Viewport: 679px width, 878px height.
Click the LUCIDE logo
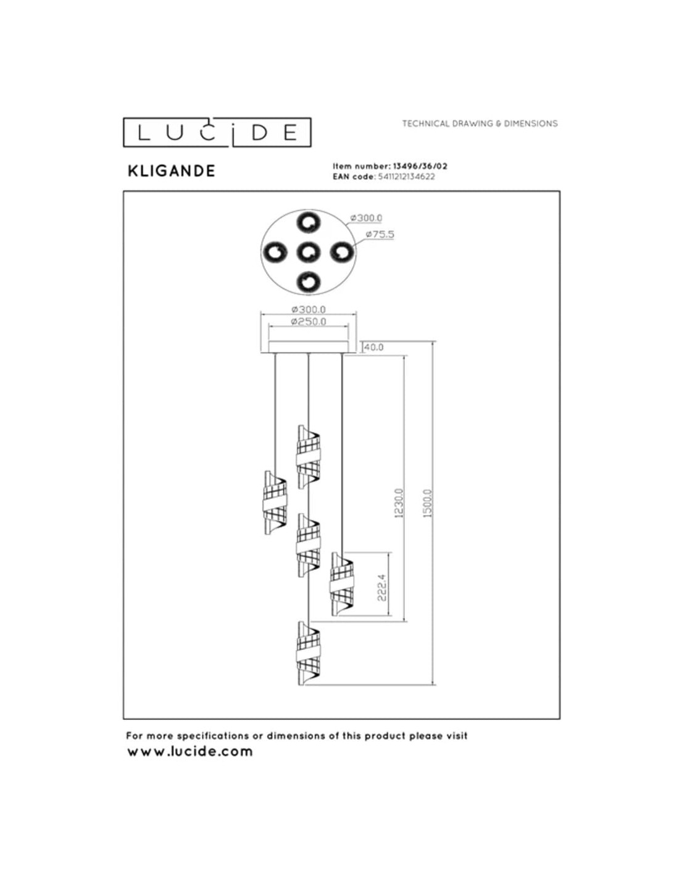tap(217, 132)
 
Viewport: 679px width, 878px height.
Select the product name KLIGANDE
tap(171, 171)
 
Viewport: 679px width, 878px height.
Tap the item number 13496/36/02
tap(420, 166)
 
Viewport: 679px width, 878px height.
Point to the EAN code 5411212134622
tap(406, 177)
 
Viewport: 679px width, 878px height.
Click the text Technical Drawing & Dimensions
tap(480, 123)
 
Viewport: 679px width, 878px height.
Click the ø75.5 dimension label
tap(380, 234)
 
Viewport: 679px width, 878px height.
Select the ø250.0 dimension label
tap(309, 322)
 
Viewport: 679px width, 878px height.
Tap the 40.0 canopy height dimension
tap(373, 347)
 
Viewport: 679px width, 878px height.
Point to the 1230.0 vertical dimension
tap(399, 503)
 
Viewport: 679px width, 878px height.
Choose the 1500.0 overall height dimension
tap(428, 503)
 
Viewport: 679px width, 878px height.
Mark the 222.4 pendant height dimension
tap(381, 587)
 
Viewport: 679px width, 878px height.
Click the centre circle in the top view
tap(308, 252)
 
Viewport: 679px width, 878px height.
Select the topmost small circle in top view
tap(308, 222)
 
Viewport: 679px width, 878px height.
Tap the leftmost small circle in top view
tap(275, 252)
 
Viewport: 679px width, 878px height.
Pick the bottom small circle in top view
tap(308, 282)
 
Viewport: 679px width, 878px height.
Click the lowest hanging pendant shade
tap(307, 653)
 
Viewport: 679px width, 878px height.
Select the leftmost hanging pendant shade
tap(275, 503)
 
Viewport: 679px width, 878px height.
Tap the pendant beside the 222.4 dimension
tap(341, 584)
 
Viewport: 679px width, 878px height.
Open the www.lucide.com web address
tap(190, 751)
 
